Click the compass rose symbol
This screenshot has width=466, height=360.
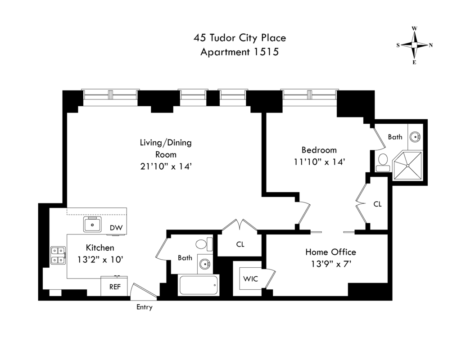(x=414, y=45)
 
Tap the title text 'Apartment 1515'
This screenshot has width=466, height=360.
(x=240, y=52)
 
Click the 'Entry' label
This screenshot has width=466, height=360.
(x=145, y=307)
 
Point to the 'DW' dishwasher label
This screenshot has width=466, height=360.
(x=116, y=228)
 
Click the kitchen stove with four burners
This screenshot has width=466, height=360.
(x=58, y=255)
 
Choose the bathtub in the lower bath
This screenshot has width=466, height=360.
(x=199, y=285)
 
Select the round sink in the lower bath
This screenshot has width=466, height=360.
(x=205, y=265)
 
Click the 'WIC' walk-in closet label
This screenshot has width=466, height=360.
(x=251, y=279)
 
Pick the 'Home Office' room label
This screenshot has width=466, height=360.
(x=330, y=252)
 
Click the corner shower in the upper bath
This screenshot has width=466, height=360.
(x=408, y=165)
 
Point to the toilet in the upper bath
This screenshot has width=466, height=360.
(x=383, y=161)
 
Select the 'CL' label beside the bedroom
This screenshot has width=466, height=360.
(x=377, y=204)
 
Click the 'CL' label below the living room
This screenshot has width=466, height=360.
(x=240, y=244)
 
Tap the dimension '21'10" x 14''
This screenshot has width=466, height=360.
(x=165, y=166)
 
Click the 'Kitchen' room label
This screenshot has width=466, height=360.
(x=100, y=247)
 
